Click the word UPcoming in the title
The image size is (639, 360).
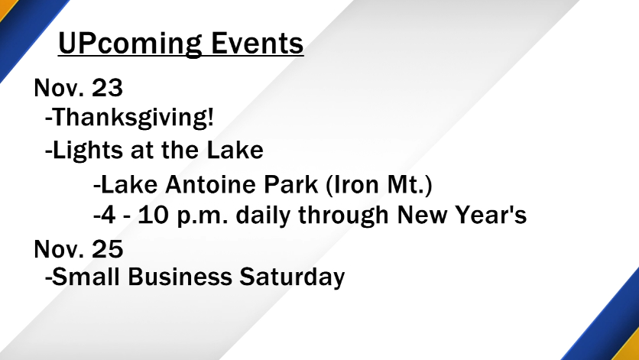(x=131, y=44)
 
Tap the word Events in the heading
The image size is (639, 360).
(x=258, y=43)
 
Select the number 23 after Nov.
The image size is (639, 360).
(x=107, y=87)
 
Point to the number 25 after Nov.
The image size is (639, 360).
(x=107, y=248)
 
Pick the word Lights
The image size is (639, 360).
(x=88, y=151)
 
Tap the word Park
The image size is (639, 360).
(x=291, y=185)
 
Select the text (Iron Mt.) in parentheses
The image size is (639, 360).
(x=379, y=186)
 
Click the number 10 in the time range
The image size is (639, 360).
(x=153, y=215)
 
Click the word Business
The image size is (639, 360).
(x=180, y=277)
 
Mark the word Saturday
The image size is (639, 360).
(x=292, y=277)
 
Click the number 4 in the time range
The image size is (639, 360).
(x=108, y=215)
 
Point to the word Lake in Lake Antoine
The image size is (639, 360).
(x=128, y=185)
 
